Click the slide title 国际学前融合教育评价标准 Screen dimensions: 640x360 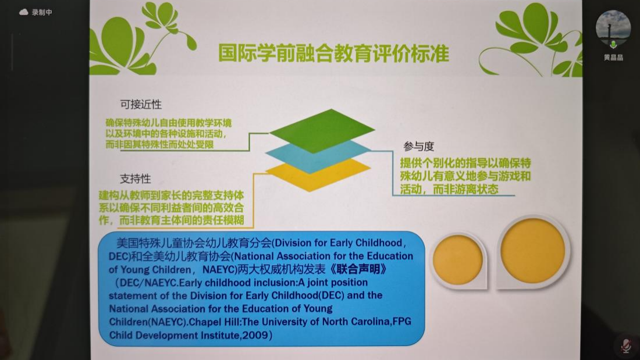[x=333, y=53]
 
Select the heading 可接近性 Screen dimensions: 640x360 [x=141, y=105]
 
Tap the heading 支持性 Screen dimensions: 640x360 [x=135, y=179]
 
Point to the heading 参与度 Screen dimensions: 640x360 [x=418, y=146]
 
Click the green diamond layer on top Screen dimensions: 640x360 [x=322, y=131]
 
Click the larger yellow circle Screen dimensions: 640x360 [x=532, y=251]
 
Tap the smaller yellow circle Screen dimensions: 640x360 [x=457, y=259]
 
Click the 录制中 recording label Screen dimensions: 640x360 [x=42, y=12]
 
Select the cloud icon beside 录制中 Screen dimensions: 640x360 [x=24, y=12]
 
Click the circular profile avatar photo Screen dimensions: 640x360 [x=613, y=28]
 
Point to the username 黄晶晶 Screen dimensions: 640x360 [x=613, y=58]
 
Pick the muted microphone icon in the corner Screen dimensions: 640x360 [x=626, y=345]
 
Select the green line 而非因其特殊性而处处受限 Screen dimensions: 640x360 [x=159, y=144]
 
